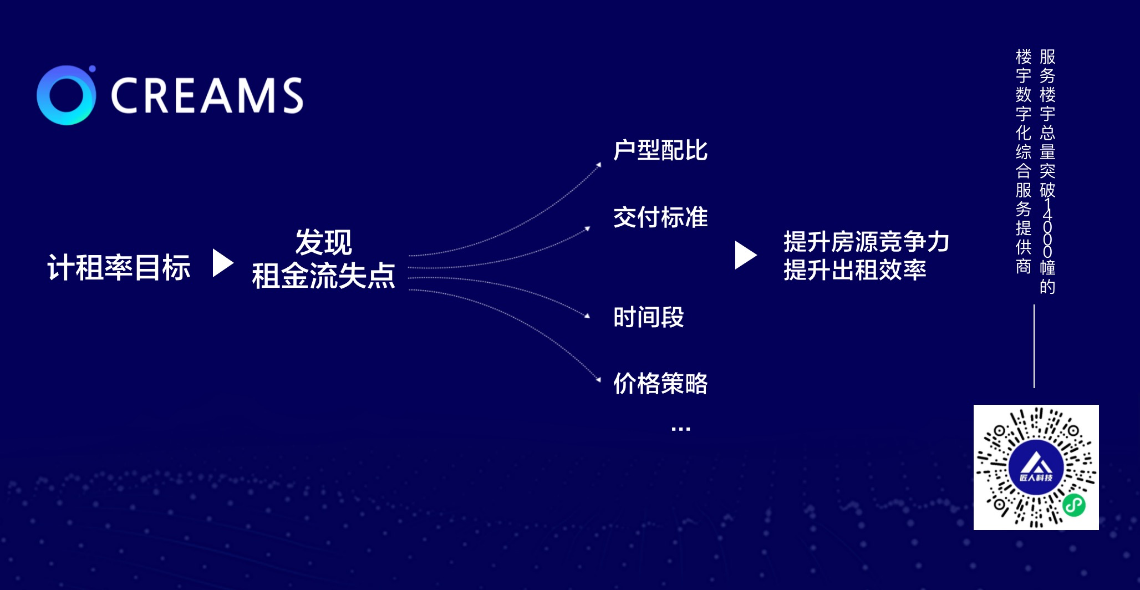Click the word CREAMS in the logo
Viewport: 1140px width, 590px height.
(207, 95)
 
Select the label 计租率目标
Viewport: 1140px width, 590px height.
(119, 267)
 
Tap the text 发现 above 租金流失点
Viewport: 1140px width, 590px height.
(323, 242)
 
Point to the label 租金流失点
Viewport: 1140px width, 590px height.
(323, 276)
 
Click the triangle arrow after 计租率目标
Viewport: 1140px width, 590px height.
(223, 263)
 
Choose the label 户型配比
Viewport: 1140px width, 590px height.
(660, 150)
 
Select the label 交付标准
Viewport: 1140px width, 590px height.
(660, 217)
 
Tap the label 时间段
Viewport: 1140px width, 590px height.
(649, 317)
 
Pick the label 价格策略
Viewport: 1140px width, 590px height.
(660, 383)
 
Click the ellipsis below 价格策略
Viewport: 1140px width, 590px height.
(680, 429)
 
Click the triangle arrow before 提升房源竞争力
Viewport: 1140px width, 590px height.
(746, 255)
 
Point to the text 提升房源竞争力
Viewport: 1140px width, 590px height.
(866, 242)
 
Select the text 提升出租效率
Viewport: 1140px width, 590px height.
(854, 270)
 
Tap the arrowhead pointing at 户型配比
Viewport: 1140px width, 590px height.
(599, 165)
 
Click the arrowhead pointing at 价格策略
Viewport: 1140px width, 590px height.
(598, 380)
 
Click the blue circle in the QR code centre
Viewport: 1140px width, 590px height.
(1036, 467)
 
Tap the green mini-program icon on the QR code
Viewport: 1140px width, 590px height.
(1074, 505)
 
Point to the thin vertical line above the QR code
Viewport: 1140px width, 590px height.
(1034, 346)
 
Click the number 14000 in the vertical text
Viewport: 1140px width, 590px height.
(1047, 228)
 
